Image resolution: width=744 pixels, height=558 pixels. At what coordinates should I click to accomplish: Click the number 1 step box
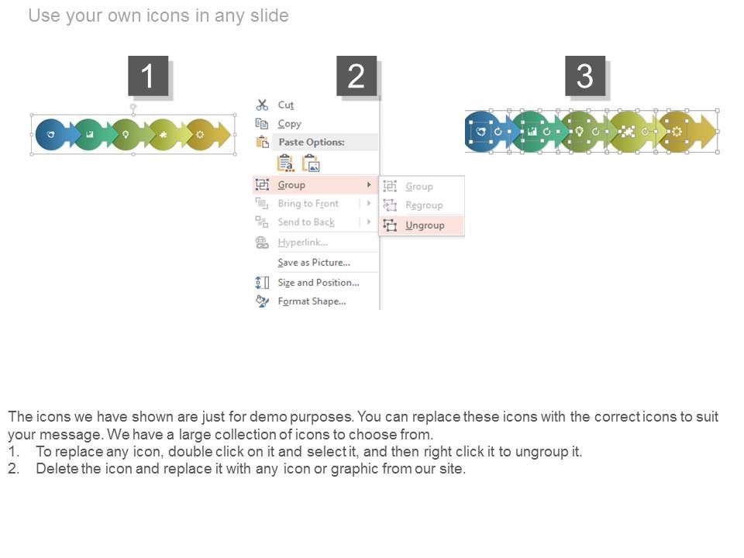pos(148,75)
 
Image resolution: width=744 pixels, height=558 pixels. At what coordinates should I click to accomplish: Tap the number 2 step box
pos(356,75)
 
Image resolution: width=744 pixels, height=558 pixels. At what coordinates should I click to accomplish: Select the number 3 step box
pos(585,75)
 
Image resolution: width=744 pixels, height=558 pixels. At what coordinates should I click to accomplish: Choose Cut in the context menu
pos(286,105)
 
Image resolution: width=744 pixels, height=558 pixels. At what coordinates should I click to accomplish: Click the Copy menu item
pos(289,124)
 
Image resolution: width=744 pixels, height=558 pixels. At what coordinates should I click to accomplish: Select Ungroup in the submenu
pos(425,226)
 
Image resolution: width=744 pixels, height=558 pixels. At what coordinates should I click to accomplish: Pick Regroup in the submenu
pos(424,205)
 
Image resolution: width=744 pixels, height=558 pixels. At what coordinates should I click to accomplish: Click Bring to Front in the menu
pos(308,204)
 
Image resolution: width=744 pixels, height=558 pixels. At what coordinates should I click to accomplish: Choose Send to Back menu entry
pos(306,222)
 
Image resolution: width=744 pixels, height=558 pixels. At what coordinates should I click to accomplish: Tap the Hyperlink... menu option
pos(303,243)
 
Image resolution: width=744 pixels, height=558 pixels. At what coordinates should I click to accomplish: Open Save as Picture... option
pos(314,263)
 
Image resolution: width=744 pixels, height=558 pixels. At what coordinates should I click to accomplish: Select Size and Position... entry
pos(319,283)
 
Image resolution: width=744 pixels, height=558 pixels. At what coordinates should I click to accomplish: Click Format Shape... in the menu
pos(312,301)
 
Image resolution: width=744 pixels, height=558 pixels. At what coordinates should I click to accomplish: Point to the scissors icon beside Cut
pos(262,105)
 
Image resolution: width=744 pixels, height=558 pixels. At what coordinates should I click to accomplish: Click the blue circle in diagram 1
pos(51,135)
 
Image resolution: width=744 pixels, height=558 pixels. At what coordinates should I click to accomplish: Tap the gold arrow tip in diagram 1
pos(231,135)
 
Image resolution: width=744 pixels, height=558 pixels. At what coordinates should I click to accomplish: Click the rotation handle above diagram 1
pos(133,107)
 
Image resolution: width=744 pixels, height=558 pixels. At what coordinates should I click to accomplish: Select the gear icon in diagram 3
pos(677,132)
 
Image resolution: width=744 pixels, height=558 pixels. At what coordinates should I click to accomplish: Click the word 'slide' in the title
pos(270,15)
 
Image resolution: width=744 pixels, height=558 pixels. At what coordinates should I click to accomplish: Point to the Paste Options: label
pos(312,142)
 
